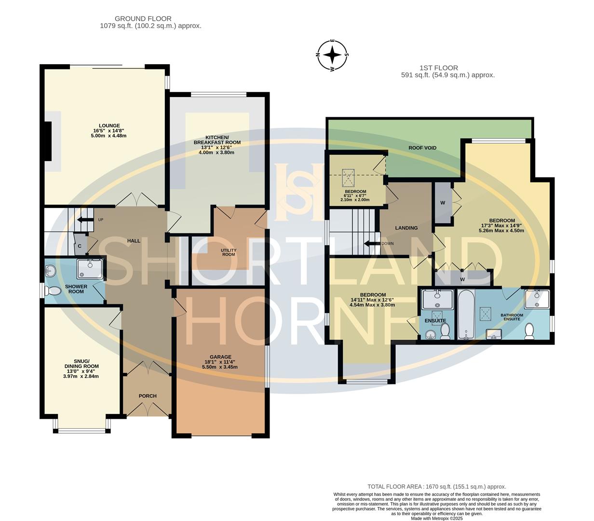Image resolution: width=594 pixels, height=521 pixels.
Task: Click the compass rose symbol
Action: point(332,55)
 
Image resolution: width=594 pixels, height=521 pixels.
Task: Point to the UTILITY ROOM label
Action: point(229,252)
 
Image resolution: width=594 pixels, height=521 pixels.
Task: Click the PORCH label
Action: point(148,396)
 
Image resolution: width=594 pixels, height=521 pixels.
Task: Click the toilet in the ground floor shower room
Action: point(52,291)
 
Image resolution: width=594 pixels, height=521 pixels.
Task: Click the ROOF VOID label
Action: point(422,148)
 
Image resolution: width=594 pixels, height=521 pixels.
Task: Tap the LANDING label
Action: point(406,228)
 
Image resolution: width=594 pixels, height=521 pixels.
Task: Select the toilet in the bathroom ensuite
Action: point(530,331)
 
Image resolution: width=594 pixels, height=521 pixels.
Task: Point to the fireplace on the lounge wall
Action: point(48,141)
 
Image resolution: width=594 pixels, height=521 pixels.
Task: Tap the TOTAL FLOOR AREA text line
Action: point(436,487)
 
